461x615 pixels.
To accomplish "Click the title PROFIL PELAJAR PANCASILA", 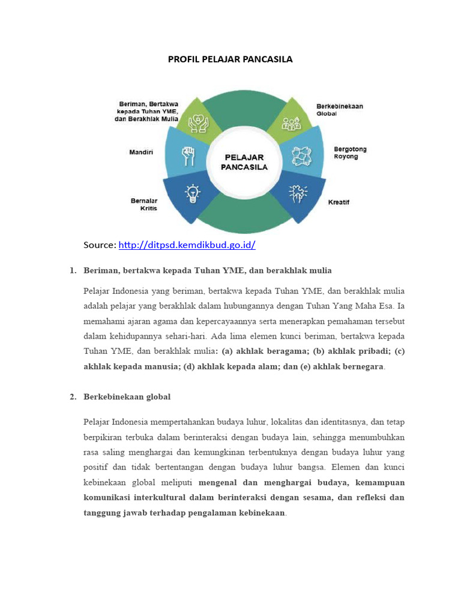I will [230, 60].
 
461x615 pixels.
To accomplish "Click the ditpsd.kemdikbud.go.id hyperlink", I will [187, 245].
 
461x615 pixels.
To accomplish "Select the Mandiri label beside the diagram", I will [141, 152].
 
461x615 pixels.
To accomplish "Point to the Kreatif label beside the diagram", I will [339, 202].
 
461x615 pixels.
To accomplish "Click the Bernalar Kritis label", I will [144, 204].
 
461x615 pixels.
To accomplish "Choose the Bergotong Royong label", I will [350, 153].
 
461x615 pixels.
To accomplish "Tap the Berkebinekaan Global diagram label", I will [339, 109].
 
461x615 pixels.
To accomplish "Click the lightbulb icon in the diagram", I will [192, 193].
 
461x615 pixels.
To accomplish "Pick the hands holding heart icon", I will [196, 123].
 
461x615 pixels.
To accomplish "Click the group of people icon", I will [291, 123].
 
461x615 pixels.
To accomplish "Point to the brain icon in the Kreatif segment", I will [297, 193].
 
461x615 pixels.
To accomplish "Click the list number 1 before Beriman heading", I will [73, 270].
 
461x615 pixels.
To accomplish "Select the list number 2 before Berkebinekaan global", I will [73, 397].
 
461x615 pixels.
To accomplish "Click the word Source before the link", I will [100, 245].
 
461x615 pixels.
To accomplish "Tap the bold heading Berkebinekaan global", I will [127, 397].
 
